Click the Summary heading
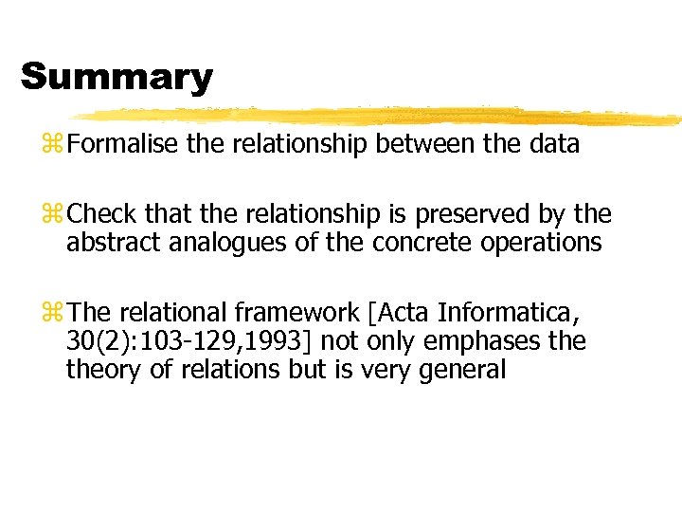click(x=117, y=76)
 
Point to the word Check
click(x=101, y=215)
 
